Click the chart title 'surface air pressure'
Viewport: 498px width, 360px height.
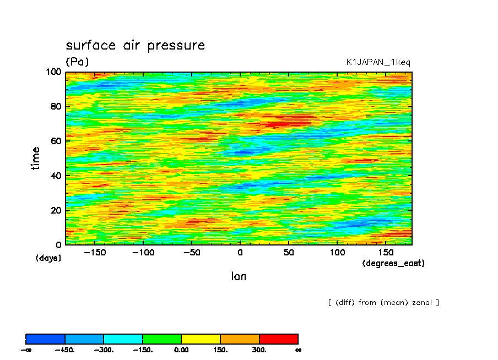click(x=135, y=45)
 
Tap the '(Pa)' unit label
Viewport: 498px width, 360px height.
click(x=77, y=62)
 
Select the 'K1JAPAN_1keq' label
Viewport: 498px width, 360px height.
click(x=378, y=62)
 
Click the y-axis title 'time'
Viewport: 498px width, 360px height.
click(x=36, y=158)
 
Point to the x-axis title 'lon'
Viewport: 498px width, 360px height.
click(x=239, y=276)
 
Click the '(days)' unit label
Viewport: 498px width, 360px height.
click(x=48, y=258)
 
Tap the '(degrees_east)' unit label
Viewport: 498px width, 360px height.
click(x=393, y=263)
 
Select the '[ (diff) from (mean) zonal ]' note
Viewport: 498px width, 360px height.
click(x=383, y=302)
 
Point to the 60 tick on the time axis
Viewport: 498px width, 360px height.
click(x=56, y=141)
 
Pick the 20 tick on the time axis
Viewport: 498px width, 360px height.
click(x=56, y=210)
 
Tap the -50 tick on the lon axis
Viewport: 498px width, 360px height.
click(x=192, y=253)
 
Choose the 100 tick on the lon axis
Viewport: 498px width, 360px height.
click(x=337, y=253)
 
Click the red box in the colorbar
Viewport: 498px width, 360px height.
click(x=278, y=339)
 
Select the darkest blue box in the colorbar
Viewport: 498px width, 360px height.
click(x=46, y=339)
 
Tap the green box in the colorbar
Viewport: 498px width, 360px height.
click(x=162, y=339)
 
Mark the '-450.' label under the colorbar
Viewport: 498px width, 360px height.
click(x=65, y=350)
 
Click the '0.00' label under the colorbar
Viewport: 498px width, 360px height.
click(x=181, y=350)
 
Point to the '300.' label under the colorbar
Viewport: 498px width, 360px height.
click(x=259, y=350)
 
